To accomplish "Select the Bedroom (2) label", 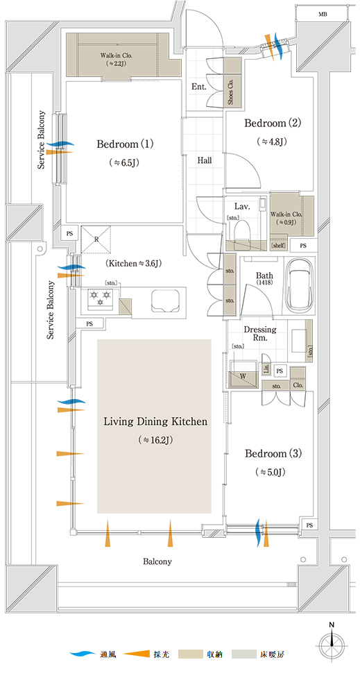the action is (273, 123).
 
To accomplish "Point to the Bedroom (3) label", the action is (273, 454).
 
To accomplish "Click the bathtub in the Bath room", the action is (300, 285).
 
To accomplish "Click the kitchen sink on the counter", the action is (164, 301).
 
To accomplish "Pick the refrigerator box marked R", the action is (96, 239).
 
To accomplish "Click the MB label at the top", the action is (323, 15).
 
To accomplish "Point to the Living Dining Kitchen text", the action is (155, 422).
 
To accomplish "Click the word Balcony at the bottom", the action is (157, 561).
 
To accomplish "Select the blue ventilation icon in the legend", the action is (83, 654).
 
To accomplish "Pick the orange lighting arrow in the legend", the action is (137, 654).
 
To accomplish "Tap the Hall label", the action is (205, 161).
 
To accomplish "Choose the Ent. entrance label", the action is (199, 87).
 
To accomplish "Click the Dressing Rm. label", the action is (260, 334).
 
